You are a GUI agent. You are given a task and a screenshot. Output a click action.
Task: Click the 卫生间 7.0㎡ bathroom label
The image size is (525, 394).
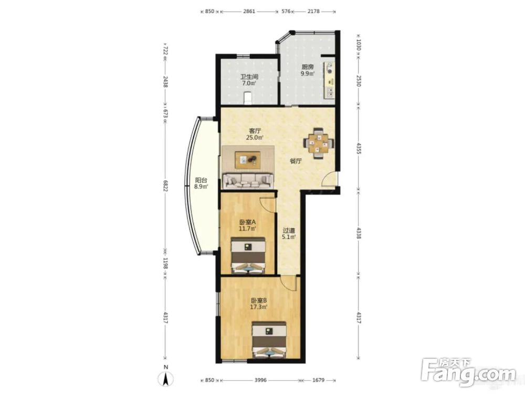[x=249, y=80]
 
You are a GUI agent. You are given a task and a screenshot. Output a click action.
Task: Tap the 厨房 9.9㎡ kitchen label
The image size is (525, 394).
[x=307, y=70]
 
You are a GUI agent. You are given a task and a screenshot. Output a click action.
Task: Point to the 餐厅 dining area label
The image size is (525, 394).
[x=296, y=161]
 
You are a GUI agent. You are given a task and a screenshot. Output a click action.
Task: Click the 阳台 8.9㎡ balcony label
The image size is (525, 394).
[x=201, y=183]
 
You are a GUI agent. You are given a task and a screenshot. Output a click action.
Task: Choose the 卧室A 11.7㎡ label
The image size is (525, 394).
[x=247, y=225]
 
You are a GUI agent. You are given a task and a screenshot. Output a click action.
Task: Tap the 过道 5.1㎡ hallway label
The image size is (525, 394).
[x=289, y=234]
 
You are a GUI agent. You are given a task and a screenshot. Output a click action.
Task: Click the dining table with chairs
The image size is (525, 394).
[x=319, y=143]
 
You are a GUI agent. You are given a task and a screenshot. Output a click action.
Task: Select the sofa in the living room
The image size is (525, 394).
[x=248, y=180]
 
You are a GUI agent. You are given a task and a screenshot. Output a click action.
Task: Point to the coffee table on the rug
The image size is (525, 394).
[x=248, y=160]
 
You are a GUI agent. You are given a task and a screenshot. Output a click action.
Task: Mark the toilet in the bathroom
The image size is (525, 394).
[x=248, y=98]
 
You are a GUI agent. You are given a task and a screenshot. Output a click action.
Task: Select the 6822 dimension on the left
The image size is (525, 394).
[x=165, y=186]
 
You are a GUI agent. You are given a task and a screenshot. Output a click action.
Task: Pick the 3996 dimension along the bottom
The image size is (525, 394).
[x=260, y=380]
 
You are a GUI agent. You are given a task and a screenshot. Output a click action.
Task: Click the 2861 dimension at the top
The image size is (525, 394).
[x=249, y=12]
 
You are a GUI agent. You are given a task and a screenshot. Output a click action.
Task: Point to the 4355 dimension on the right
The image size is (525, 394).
[x=358, y=149]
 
